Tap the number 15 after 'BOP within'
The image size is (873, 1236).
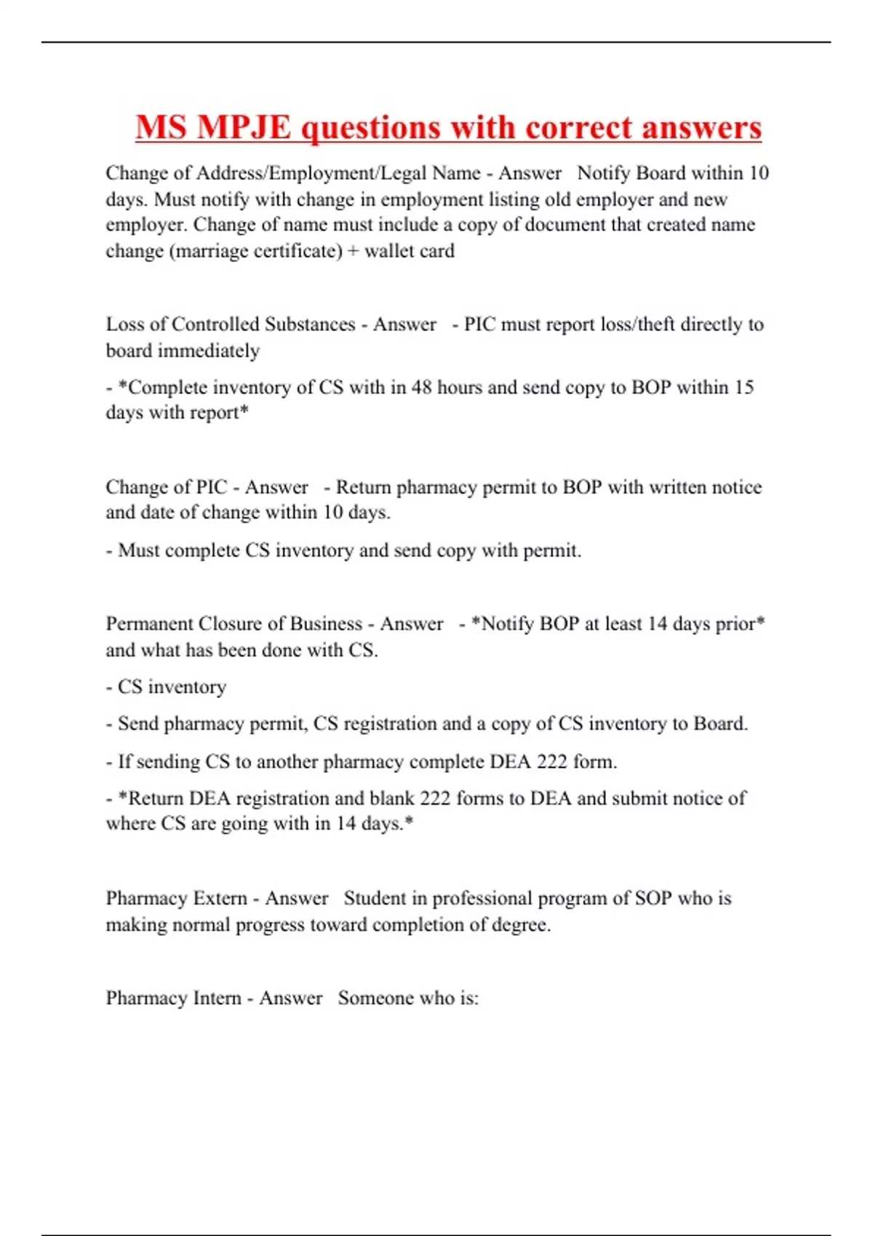pyautogui.click(x=744, y=388)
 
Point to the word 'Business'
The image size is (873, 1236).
pyautogui.click(x=326, y=624)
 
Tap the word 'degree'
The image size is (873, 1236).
pyautogui.click(x=519, y=926)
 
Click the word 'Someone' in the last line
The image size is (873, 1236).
pyautogui.click(x=375, y=998)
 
